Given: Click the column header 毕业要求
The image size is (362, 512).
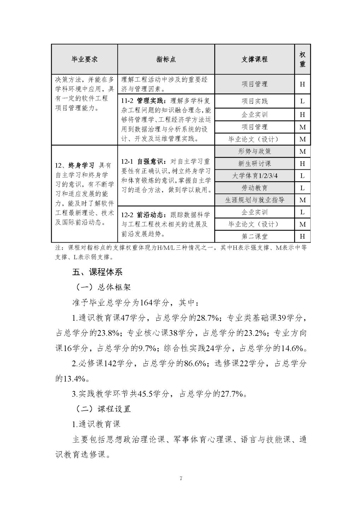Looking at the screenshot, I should pyautogui.click(x=84, y=59).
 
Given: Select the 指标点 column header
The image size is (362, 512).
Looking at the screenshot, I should pyautogui.click(x=166, y=59).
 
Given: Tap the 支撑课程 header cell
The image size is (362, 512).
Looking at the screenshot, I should pyautogui.click(x=254, y=59).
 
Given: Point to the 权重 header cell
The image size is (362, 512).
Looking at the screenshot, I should pyautogui.click(x=302, y=59).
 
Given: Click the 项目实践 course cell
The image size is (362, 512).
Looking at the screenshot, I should pyautogui.click(x=254, y=101).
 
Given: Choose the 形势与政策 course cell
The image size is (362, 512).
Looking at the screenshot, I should pyautogui.click(x=254, y=151).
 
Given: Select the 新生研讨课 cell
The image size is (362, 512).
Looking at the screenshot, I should pyautogui.click(x=254, y=163).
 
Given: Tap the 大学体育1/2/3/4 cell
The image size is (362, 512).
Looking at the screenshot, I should pyautogui.click(x=254, y=176).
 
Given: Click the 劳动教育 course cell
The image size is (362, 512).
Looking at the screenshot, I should pyautogui.click(x=254, y=188).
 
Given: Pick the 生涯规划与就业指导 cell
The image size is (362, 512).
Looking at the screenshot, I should pyautogui.click(x=254, y=200).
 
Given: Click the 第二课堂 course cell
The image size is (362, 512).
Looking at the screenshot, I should pyautogui.click(x=254, y=236).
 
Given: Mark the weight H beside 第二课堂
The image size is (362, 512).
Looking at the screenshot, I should pyautogui.click(x=302, y=236).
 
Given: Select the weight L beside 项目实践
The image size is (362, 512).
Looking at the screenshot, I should pyautogui.click(x=302, y=101).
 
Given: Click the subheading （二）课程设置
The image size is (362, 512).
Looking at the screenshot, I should pyautogui.click(x=103, y=409).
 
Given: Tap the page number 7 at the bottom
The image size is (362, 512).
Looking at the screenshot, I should pyautogui.click(x=181, y=479).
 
